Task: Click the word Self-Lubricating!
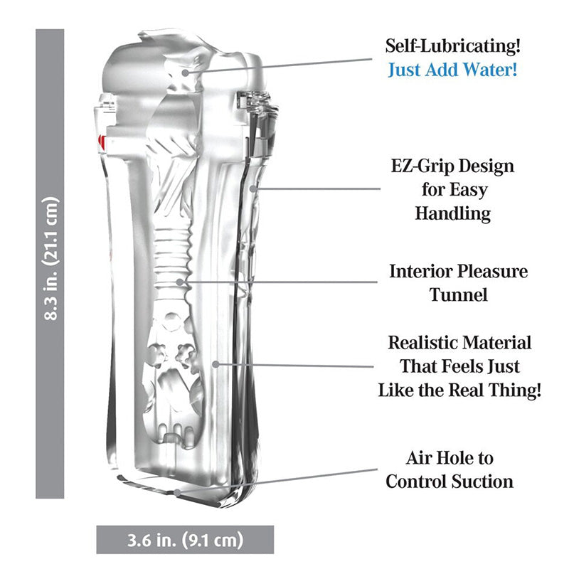click(452, 46)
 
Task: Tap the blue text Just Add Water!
click(452, 69)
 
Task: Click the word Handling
click(453, 214)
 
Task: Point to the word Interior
click(420, 271)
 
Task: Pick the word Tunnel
click(458, 294)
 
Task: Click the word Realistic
click(422, 343)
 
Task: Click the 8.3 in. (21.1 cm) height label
click(50, 259)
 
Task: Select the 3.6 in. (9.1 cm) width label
click(185, 540)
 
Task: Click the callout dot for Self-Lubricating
click(185, 73)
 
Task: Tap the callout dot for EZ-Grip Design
click(253, 188)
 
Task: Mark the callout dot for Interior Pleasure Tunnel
click(179, 282)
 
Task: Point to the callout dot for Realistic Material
click(216, 364)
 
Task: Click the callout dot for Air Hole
click(177, 492)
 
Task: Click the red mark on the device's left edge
click(102, 144)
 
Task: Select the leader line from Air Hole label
click(277, 481)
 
